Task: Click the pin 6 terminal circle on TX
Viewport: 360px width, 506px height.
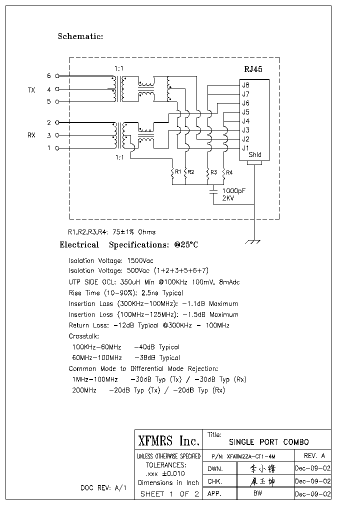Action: [57, 76]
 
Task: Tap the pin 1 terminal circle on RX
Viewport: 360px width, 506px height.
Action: [57, 148]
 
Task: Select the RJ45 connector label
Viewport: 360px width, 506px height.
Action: [253, 70]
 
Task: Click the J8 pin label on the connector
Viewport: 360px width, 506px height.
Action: [245, 85]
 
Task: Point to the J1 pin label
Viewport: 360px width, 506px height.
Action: [245, 148]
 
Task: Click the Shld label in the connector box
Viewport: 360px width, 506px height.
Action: [254, 155]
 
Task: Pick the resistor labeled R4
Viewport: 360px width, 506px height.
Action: [223, 172]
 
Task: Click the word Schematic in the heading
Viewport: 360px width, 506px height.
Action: [80, 36]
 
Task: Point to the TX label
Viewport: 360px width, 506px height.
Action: [31, 90]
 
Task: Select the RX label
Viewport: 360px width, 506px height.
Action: [31, 135]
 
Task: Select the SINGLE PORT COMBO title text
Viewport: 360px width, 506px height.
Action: [268, 442]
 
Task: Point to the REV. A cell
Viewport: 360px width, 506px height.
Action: [314, 455]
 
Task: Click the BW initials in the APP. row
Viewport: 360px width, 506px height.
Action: [258, 493]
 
